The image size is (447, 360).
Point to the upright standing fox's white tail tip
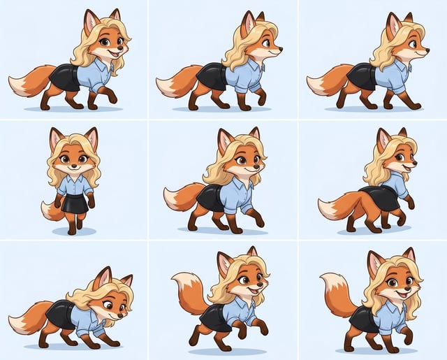click(47, 213)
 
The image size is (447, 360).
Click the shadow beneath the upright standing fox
click(74, 231)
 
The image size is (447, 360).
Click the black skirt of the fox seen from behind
click(381, 197)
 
